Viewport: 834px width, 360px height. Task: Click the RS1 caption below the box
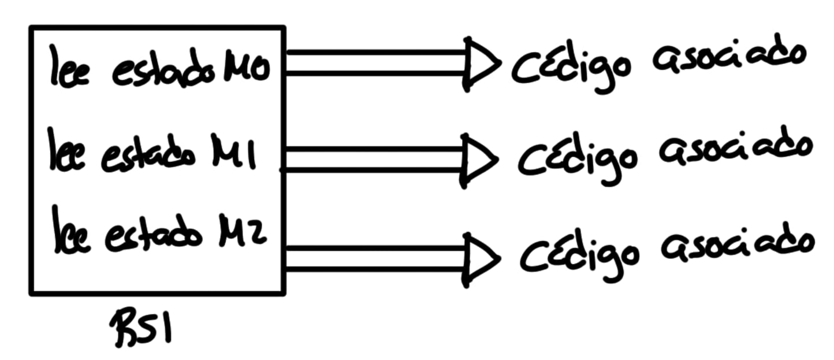pyautogui.click(x=144, y=328)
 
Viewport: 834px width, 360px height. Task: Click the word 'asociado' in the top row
pyautogui.click(x=728, y=58)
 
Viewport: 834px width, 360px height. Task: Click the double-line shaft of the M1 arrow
pyautogui.click(x=375, y=159)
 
